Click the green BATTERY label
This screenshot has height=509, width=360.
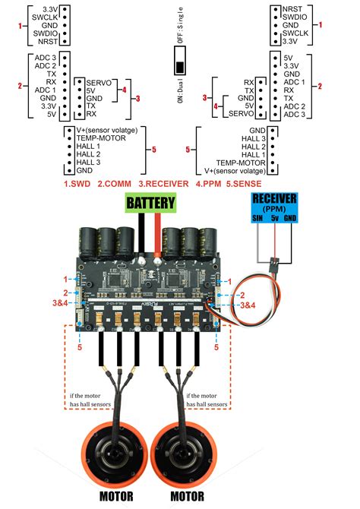point(150,204)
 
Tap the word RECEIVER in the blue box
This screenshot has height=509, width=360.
point(275,199)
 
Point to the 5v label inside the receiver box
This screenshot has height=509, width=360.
point(276,218)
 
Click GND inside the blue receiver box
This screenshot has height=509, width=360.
point(292,218)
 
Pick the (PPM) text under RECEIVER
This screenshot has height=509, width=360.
point(275,208)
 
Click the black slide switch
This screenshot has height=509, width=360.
point(180,59)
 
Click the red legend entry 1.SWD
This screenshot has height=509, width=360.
point(78,183)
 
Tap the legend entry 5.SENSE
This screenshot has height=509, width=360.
point(248,183)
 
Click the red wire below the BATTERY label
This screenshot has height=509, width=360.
point(156,236)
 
